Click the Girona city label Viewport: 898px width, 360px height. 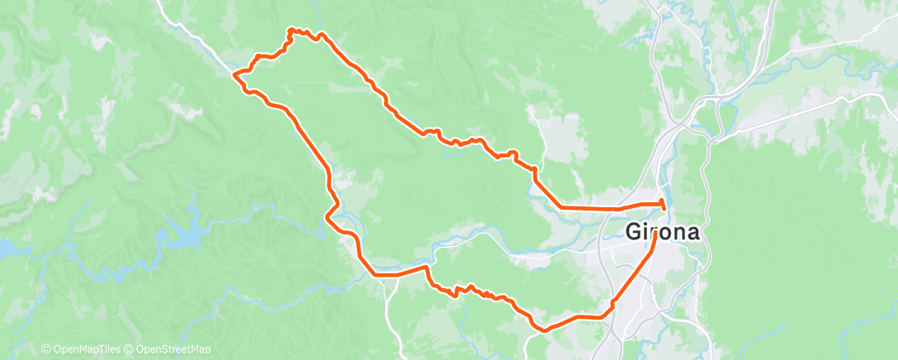click(663, 232)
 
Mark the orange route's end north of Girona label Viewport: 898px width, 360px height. click(664, 203)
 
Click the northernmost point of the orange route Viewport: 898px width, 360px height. click(291, 30)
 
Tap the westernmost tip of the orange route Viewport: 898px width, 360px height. click(234, 74)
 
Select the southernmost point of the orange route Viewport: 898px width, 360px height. click(542, 330)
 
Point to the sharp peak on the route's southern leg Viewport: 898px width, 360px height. click(427, 267)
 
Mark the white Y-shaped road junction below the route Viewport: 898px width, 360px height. click(387, 282)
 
